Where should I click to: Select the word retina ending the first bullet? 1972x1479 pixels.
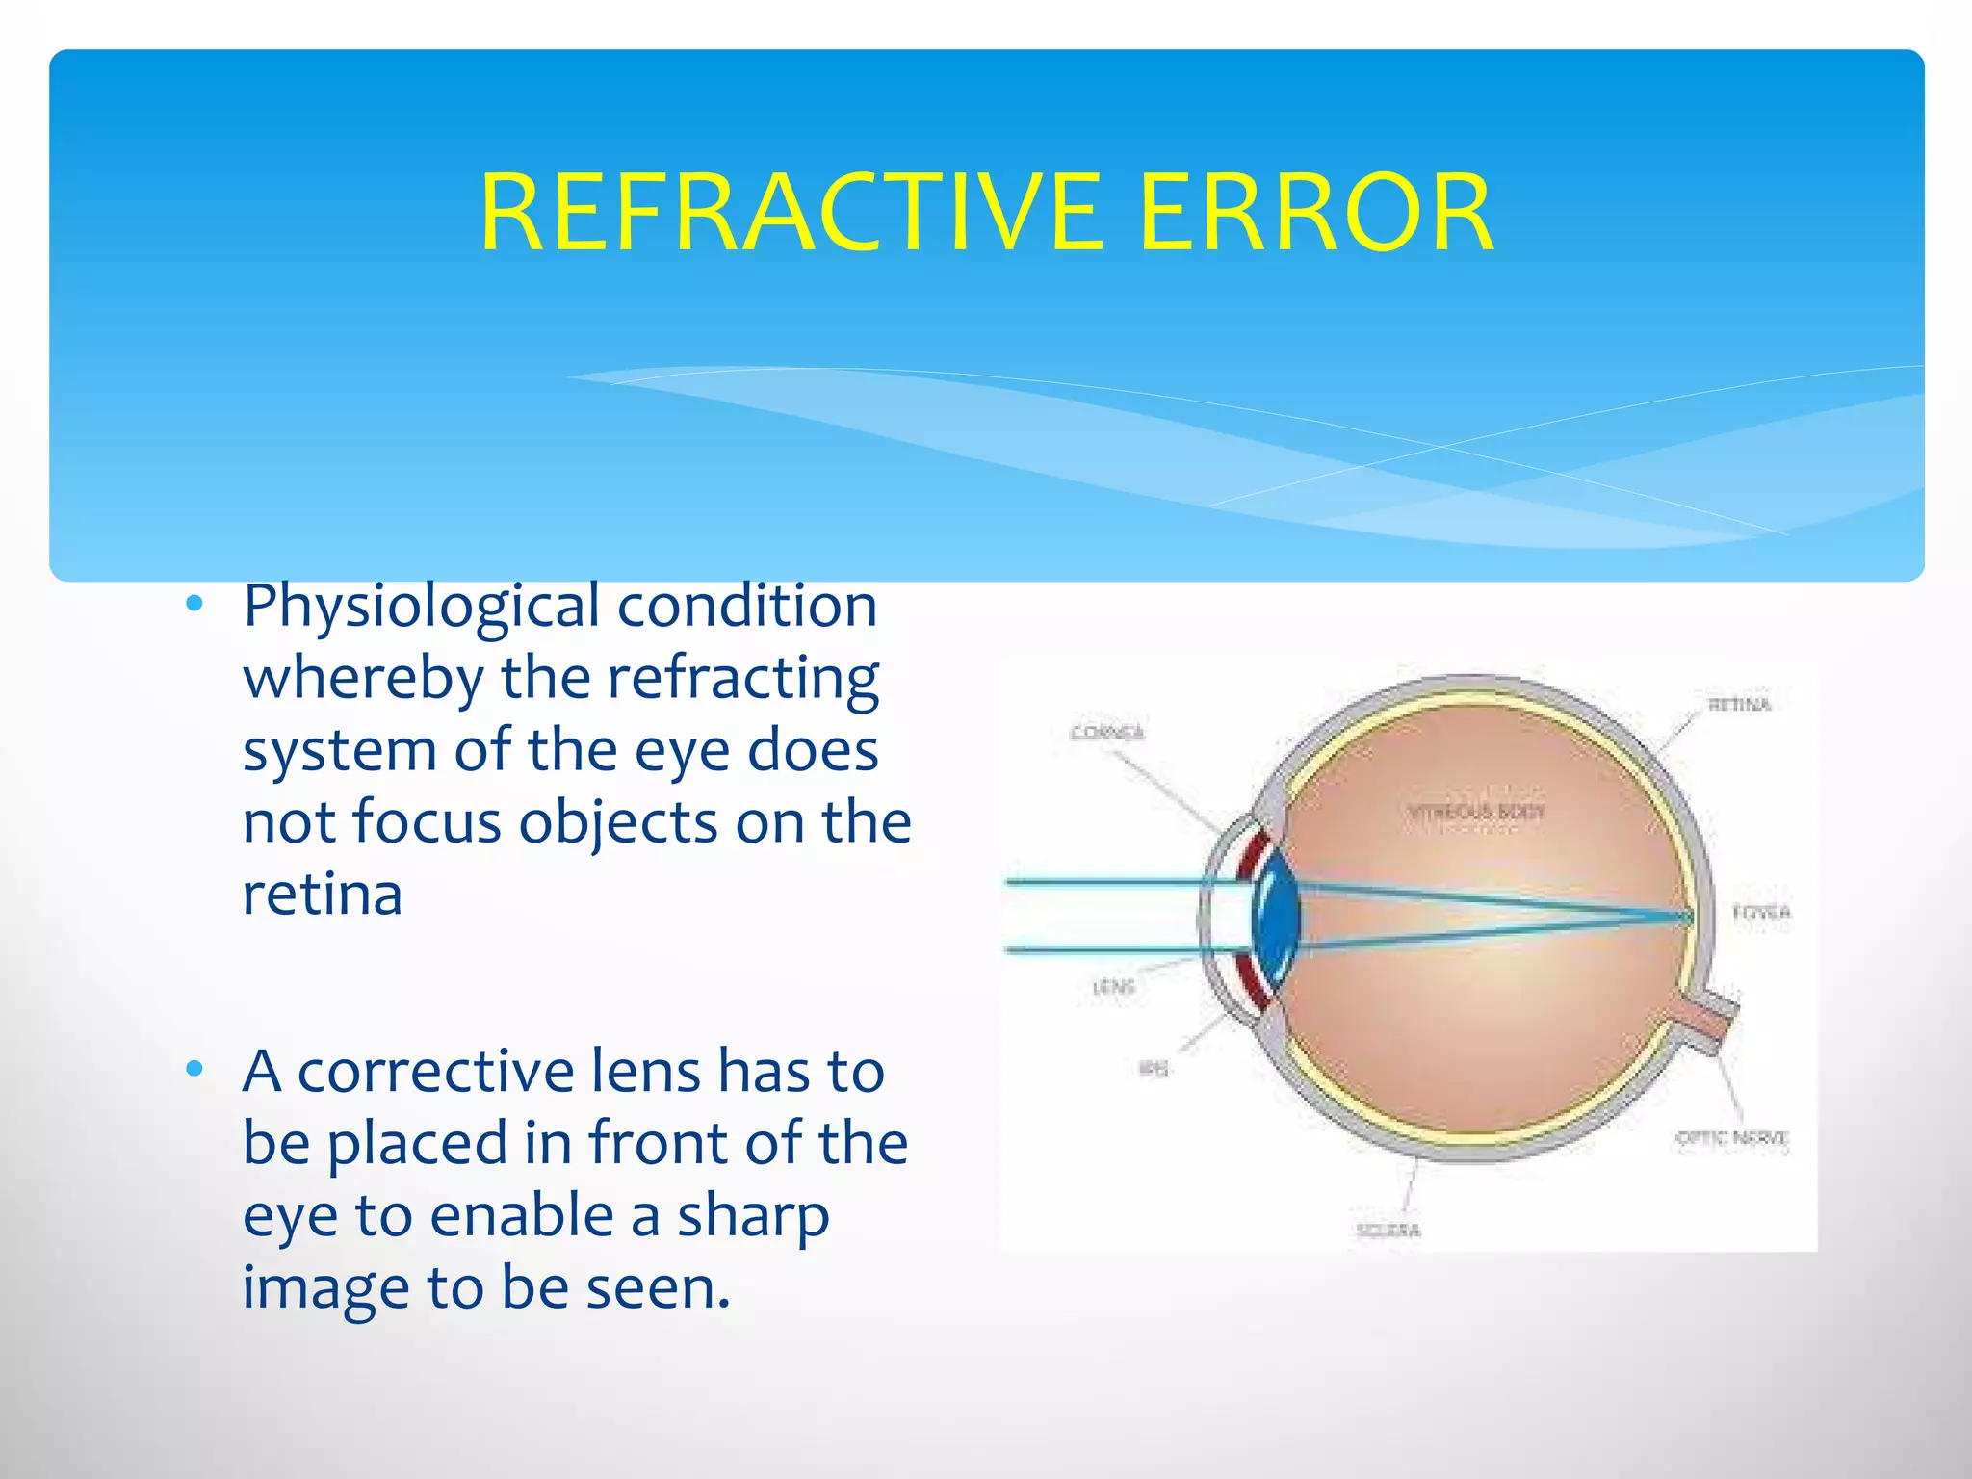[x=322, y=895]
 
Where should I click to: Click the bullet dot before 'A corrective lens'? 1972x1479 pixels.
[x=195, y=1069]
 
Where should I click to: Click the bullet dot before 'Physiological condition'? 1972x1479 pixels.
[x=195, y=605]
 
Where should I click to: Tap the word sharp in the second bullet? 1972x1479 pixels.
[x=753, y=1216]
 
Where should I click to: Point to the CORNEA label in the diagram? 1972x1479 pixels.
[x=1107, y=733]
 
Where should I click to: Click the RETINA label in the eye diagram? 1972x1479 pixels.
[x=1739, y=705]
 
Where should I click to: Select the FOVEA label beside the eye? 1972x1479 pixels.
[x=1761, y=912]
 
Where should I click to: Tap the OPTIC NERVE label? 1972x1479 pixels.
[x=1731, y=1138]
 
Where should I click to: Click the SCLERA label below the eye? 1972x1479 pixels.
[x=1388, y=1231]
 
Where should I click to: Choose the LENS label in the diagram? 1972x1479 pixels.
[x=1114, y=987]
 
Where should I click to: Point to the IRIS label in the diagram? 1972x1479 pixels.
[x=1153, y=1069]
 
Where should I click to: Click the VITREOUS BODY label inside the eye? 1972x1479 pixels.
[x=1476, y=812]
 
